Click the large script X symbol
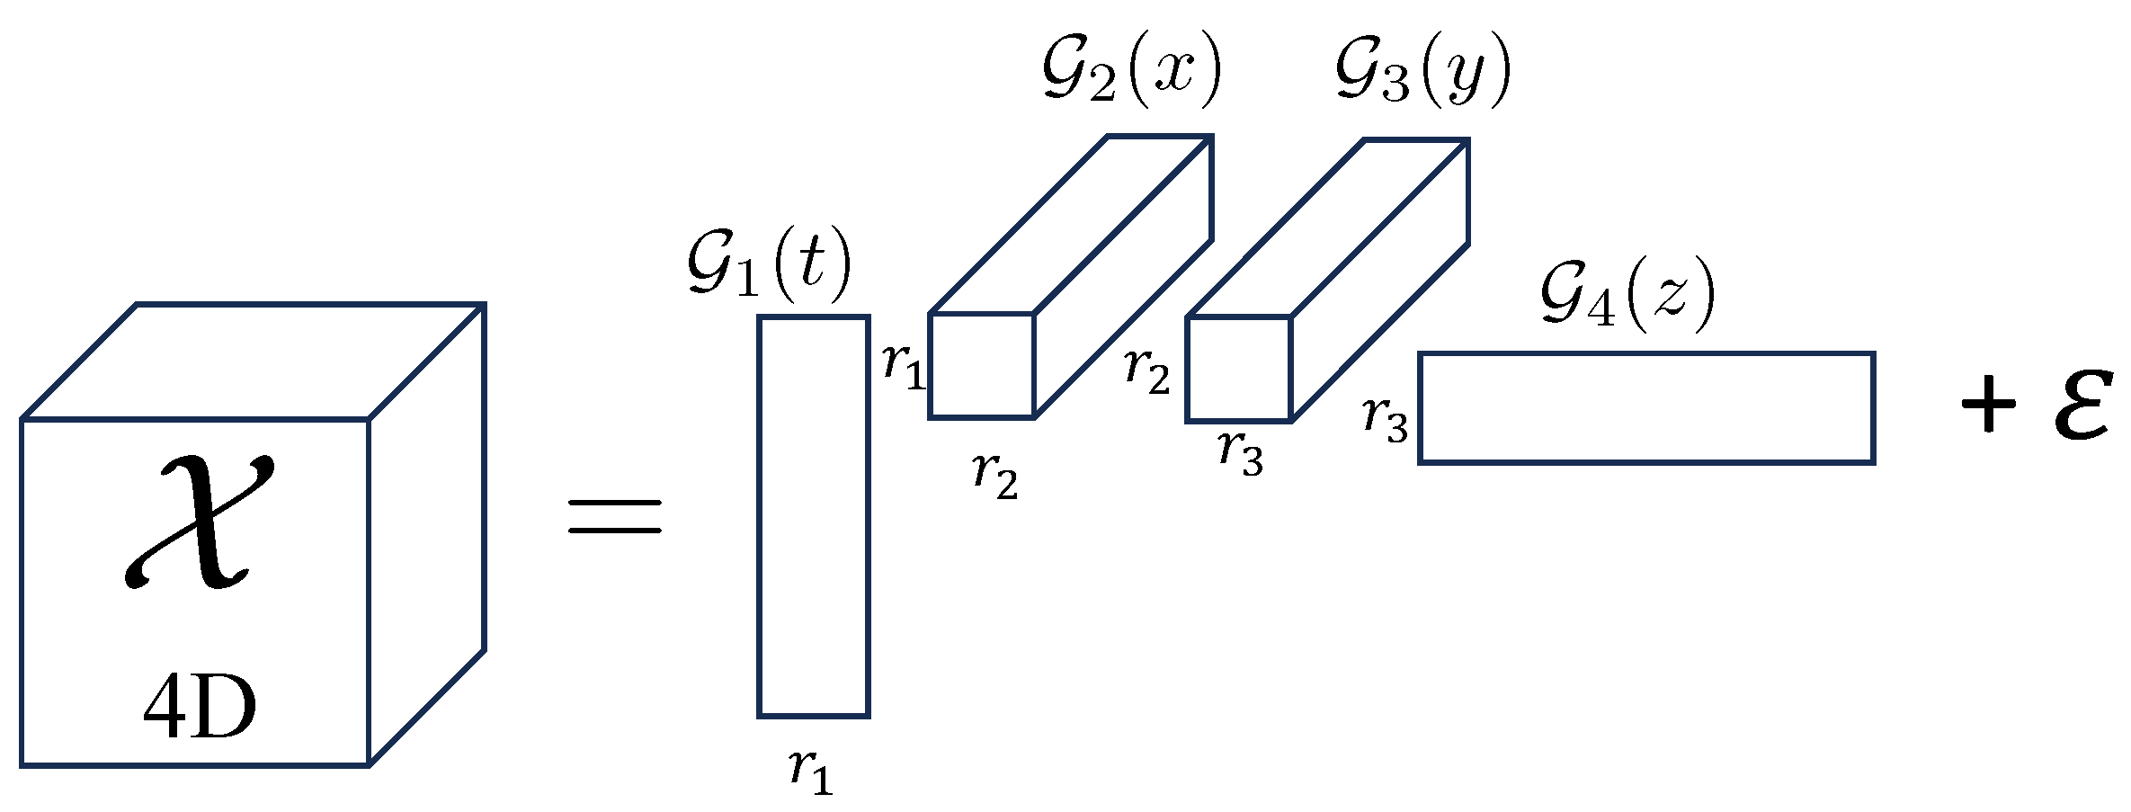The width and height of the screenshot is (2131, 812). [198, 522]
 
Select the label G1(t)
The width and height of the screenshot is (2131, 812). [769, 269]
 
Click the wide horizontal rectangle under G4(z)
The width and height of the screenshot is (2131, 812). [1645, 407]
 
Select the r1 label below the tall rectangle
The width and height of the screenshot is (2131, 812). [811, 772]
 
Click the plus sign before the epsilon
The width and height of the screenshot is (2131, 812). [1988, 402]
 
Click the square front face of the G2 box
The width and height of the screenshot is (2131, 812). [981, 365]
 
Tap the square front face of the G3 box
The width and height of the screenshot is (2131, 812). [1238, 369]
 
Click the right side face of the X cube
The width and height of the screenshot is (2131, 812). [427, 535]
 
